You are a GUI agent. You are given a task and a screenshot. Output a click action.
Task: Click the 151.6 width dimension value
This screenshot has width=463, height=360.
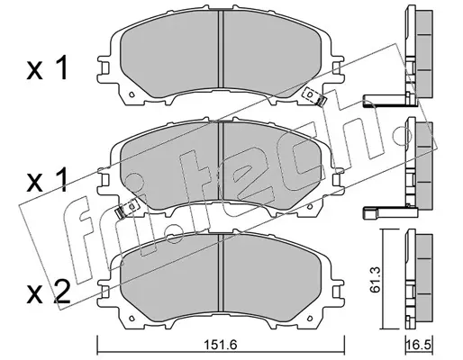221,345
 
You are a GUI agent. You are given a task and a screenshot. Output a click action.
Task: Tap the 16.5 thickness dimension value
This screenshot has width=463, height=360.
419,345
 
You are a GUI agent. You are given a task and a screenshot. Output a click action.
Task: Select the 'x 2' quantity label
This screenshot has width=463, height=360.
49,293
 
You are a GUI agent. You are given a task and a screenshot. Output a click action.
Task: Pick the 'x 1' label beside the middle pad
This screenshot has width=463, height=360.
47,180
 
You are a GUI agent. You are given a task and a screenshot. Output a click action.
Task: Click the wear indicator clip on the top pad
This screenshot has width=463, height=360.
314,96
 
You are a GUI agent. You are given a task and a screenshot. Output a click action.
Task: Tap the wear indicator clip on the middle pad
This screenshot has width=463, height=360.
126,209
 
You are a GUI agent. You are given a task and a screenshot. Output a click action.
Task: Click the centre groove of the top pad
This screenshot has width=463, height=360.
221,49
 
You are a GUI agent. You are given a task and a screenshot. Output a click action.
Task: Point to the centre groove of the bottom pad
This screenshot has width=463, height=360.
221,273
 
